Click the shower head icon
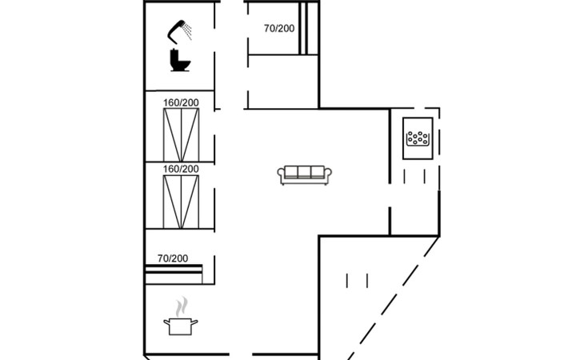pyautogui.click(x=176, y=32)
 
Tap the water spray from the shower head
pyautogui.click(x=188, y=31)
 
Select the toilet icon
pyautogui.click(x=180, y=60)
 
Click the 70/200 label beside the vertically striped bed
pyautogui.click(x=279, y=28)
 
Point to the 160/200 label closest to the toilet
pyautogui.click(x=181, y=102)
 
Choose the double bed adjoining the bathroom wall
pyautogui.click(x=181, y=134)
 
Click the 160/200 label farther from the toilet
pyautogui.click(x=181, y=169)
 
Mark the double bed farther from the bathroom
pyautogui.click(x=181, y=202)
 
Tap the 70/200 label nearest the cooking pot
pyautogui.click(x=173, y=258)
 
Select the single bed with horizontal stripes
pyautogui.click(x=174, y=274)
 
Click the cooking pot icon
pyautogui.click(x=181, y=326)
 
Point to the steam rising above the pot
pyautogui.click(x=182, y=306)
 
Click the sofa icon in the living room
pyautogui.click(x=304, y=175)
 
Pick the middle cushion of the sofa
pyautogui.click(x=304, y=172)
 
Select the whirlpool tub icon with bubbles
pyautogui.click(x=418, y=138)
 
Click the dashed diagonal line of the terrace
pyautogui.click(x=394, y=298)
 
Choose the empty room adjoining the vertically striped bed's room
pyautogui.click(x=282, y=82)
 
